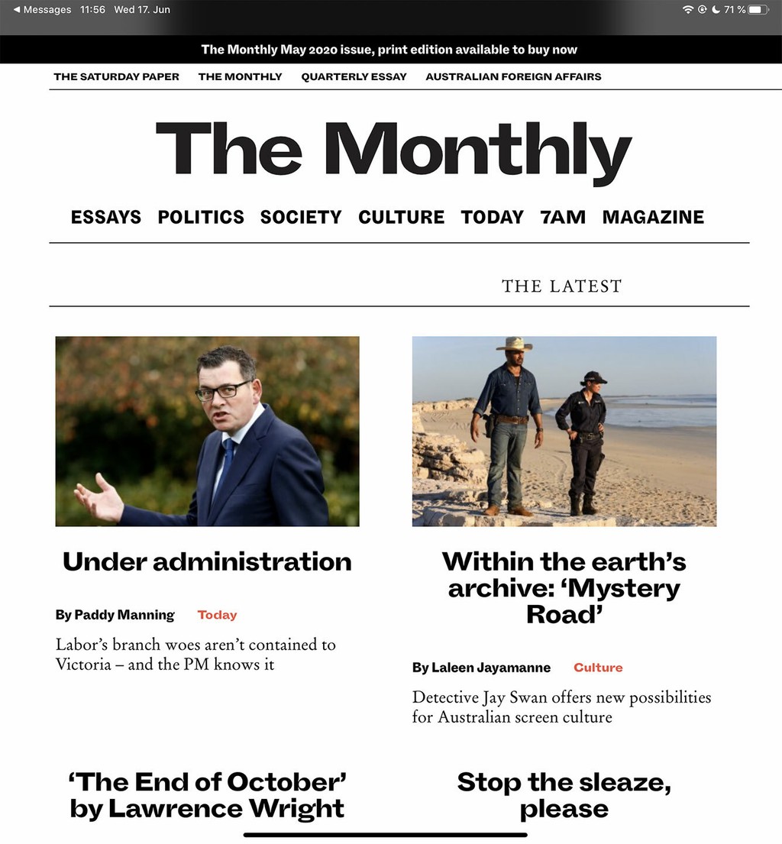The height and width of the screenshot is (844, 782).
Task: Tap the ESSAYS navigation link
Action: click(106, 217)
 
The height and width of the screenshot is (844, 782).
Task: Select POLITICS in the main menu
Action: click(201, 217)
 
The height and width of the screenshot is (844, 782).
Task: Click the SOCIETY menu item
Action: click(301, 217)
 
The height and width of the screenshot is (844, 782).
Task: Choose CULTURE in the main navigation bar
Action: click(401, 217)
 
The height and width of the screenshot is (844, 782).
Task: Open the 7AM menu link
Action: click(563, 217)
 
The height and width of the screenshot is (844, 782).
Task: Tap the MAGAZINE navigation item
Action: click(653, 217)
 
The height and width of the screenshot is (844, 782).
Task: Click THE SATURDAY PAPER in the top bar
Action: click(116, 76)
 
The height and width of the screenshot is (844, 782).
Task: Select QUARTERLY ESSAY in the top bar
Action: click(354, 76)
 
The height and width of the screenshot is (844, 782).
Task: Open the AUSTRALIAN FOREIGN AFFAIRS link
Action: click(513, 76)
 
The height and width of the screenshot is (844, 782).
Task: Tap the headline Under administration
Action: click(207, 561)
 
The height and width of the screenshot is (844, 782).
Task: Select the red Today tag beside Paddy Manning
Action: click(217, 615)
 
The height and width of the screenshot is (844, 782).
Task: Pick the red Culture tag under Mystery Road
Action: click(598, 668)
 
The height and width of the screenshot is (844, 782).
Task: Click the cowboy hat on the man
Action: click(514, 344)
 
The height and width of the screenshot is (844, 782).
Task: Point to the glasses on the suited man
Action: click(222, 391)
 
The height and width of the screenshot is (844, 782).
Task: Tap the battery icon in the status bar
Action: click(758, 10)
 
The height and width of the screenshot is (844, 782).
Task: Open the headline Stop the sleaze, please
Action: click(564, 795)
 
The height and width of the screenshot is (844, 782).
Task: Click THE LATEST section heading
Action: click(561, 286)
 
